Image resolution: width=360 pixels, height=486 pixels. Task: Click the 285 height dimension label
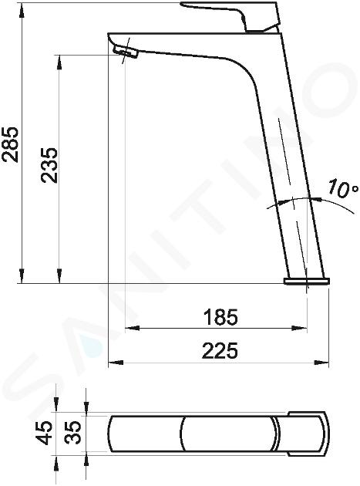tap(10, 144)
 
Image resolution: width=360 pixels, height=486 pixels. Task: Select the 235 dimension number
tap(49, 165)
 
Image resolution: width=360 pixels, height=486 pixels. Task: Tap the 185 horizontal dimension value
tap(220, 317)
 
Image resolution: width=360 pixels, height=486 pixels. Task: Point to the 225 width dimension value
tap(220, 350)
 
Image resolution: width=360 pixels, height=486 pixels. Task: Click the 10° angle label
tap(342, 188)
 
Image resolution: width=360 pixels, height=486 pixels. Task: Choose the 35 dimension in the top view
tap(74, 433)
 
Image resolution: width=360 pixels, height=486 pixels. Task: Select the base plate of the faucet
tap(307, 281)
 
